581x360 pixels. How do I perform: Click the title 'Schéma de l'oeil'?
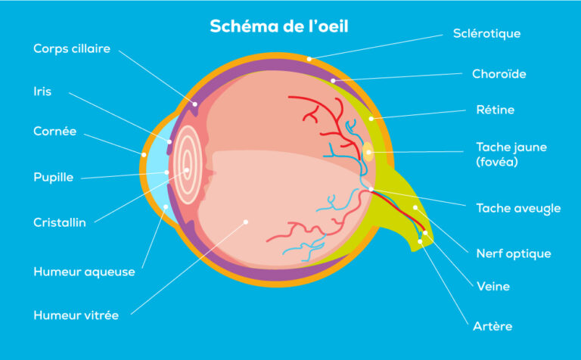tap(279, 26)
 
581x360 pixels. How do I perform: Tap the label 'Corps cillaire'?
tap(72, 48)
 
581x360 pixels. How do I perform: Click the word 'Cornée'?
tap(54, 131)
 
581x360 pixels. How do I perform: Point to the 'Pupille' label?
tap(53, 178)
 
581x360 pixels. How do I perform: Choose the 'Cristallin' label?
tap(60, 222)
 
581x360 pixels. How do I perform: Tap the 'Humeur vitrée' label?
tap(76, 315)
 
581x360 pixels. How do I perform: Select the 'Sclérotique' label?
tap(486, 33)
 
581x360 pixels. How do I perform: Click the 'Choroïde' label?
tap(499, 74)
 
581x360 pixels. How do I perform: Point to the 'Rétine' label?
tap(495, 110)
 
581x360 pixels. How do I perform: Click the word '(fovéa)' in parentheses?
tap(497, 162)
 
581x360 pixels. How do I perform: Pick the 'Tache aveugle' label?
tap(518, 208)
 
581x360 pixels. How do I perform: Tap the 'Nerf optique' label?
tap(513, 253)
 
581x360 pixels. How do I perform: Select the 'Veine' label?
tap(493, 287)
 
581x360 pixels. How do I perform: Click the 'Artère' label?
tap(494, 327)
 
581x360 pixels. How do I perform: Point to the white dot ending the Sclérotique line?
tap(309, 57)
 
